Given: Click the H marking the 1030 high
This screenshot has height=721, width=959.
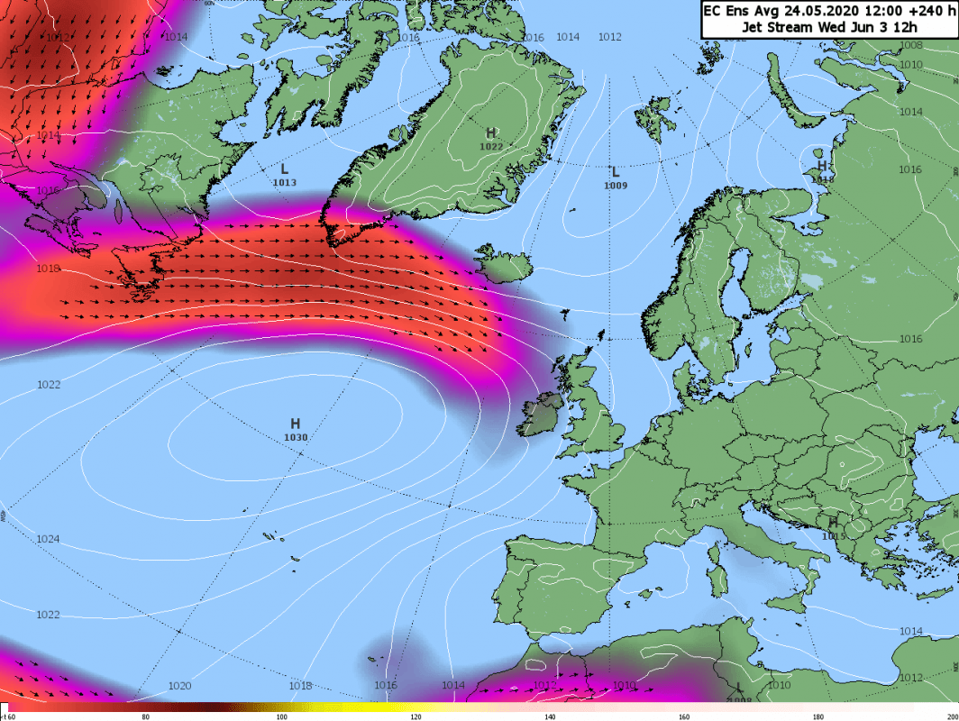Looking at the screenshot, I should pyautogui.click(x=295, y=424).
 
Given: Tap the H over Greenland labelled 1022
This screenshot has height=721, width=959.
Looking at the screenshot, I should pyautogui.click(x=491, y=133).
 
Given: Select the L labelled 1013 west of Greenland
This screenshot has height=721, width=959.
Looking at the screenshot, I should pyautogui.click(x=284, y=169).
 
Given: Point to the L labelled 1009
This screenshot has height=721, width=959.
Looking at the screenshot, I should pyautogui.click(x=616, y=172).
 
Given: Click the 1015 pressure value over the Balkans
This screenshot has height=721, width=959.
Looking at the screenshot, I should pyautogui.click(x=835, y=536).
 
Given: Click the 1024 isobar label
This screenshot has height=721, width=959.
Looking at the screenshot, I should pyautogui.click(x=49, y=539).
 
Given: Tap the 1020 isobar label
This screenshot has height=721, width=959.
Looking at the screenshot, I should pyautogui.click(x=179, y=686).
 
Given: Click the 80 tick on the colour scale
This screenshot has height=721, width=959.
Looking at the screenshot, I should pyautogui.click(x=146, y=716).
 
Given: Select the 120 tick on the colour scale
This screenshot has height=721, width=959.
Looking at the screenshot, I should pyautogui.click(x=416, y=716).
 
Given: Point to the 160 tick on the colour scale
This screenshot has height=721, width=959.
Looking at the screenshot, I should pyautogui.click(x=685, y=716).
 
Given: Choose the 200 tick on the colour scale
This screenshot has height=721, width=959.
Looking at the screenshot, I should pyautogui.click(x=952, y=716).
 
